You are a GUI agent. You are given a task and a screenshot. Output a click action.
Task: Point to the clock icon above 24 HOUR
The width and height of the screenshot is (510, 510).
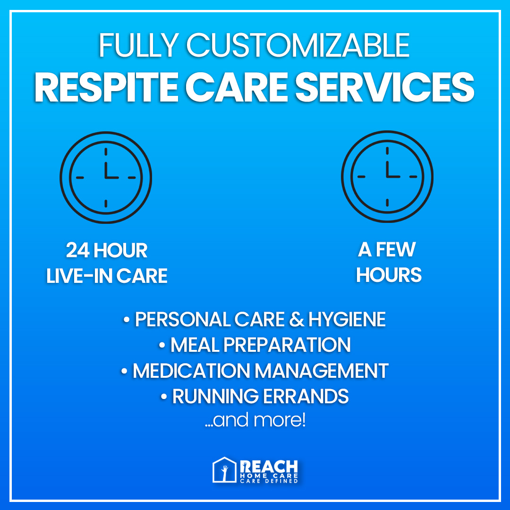(106, 177)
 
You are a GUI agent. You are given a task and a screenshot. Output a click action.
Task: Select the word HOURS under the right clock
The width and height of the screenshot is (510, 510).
(389, 275)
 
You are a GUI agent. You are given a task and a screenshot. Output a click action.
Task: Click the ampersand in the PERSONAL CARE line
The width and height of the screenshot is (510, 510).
(295, 320)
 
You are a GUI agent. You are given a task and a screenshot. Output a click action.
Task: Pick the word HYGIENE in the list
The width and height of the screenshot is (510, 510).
(347, 320)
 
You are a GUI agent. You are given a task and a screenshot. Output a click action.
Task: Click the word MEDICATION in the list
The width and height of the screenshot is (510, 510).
(193, 371)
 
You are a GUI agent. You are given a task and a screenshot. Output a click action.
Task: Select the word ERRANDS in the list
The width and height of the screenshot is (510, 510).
(307, 396)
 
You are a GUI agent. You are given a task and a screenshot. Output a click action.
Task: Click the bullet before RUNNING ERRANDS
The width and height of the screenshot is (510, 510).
(164, 396)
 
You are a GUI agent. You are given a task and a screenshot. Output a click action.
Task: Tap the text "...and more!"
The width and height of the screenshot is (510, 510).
(255, 420)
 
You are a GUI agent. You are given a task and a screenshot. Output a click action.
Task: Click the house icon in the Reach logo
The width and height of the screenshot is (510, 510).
(224, 470)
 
